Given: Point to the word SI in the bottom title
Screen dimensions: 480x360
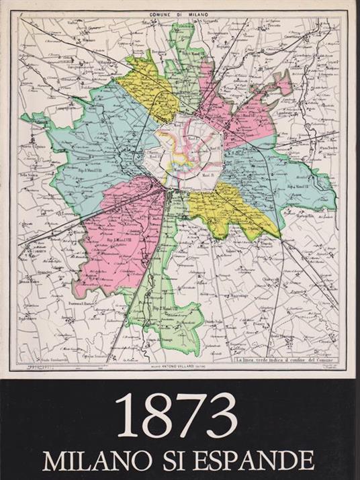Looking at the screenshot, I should pyautogui.click(x=176, y=460).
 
